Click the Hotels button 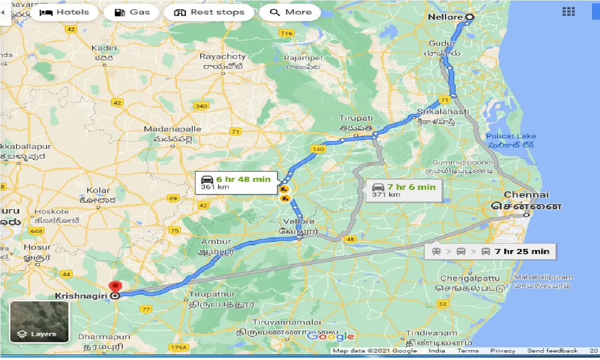65,12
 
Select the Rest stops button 209,12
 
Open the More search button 290,12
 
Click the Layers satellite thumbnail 39,322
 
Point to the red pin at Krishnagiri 114,287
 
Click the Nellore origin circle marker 469,17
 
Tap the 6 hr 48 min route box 236,183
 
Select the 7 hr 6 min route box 404,190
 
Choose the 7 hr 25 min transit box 490,251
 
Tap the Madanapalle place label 172,129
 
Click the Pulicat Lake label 511,136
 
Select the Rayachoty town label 223,56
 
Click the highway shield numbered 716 285,33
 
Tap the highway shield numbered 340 201,106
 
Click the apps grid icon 568,12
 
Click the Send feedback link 552,351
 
